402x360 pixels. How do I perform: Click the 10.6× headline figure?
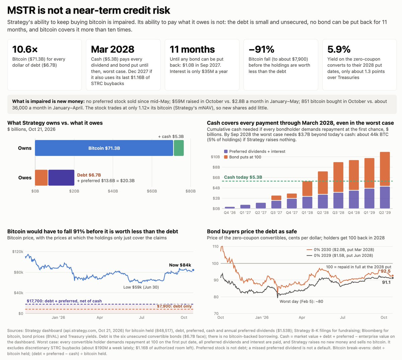point(25,49)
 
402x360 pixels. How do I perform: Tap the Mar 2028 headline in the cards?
point(113,49)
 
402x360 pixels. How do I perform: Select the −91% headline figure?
point(261,49)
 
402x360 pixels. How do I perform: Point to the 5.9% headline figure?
point(339,49)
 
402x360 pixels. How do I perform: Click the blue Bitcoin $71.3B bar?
point(104,148)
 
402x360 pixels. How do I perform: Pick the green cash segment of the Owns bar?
point(179,148)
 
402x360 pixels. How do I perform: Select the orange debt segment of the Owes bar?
point(41,177)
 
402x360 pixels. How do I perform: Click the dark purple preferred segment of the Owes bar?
point(61,177)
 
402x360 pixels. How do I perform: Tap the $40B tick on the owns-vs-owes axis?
point(113,191)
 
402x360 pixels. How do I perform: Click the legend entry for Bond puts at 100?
point(243,157)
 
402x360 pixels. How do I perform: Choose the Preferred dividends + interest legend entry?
point(255,151)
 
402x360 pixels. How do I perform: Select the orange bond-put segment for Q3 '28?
point(338,177)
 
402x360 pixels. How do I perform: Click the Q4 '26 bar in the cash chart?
point(230,208)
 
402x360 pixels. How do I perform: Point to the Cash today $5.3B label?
point(243,177)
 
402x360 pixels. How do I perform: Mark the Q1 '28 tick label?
point(307,213)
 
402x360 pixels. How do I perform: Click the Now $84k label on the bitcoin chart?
point(180,265)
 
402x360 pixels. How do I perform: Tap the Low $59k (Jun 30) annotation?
point(141,287)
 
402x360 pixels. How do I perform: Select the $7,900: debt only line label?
point(174,306)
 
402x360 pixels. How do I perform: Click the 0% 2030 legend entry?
point(340,249)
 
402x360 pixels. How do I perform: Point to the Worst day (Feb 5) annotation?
point(301,301)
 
